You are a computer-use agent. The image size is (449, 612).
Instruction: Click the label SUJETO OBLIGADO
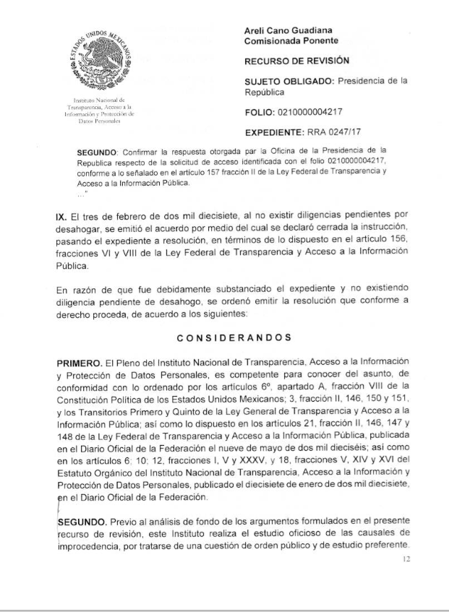[x=289, y=82]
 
